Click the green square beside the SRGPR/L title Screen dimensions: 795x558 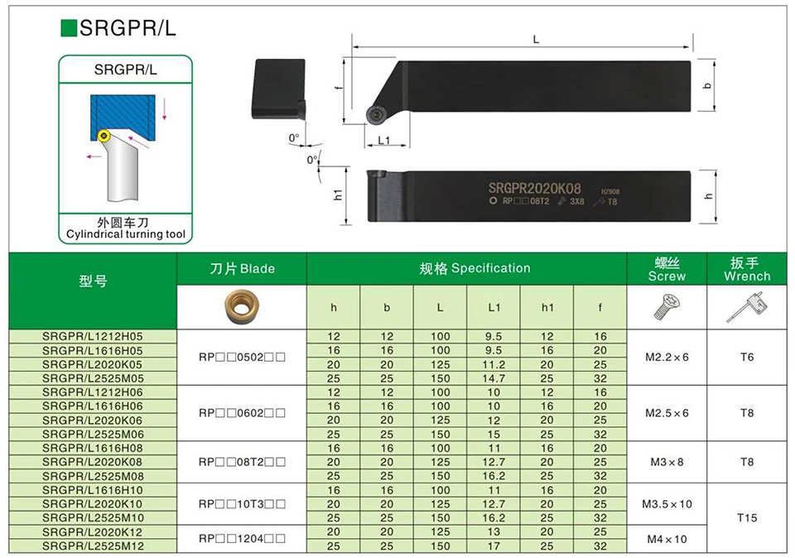69,29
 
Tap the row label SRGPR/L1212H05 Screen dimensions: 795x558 93,337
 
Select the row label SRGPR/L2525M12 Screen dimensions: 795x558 93,546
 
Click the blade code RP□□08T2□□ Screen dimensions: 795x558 242,462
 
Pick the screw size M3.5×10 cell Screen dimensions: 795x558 667,503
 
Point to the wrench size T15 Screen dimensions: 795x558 747,518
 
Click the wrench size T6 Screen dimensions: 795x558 747,358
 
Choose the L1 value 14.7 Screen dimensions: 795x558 494,378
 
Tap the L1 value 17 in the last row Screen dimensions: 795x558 494,546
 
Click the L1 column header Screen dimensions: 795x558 494,307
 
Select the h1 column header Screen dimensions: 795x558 547,307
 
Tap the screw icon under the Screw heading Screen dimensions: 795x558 667,308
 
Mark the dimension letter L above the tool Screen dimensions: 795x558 536,39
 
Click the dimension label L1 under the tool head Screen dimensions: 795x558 383,141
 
